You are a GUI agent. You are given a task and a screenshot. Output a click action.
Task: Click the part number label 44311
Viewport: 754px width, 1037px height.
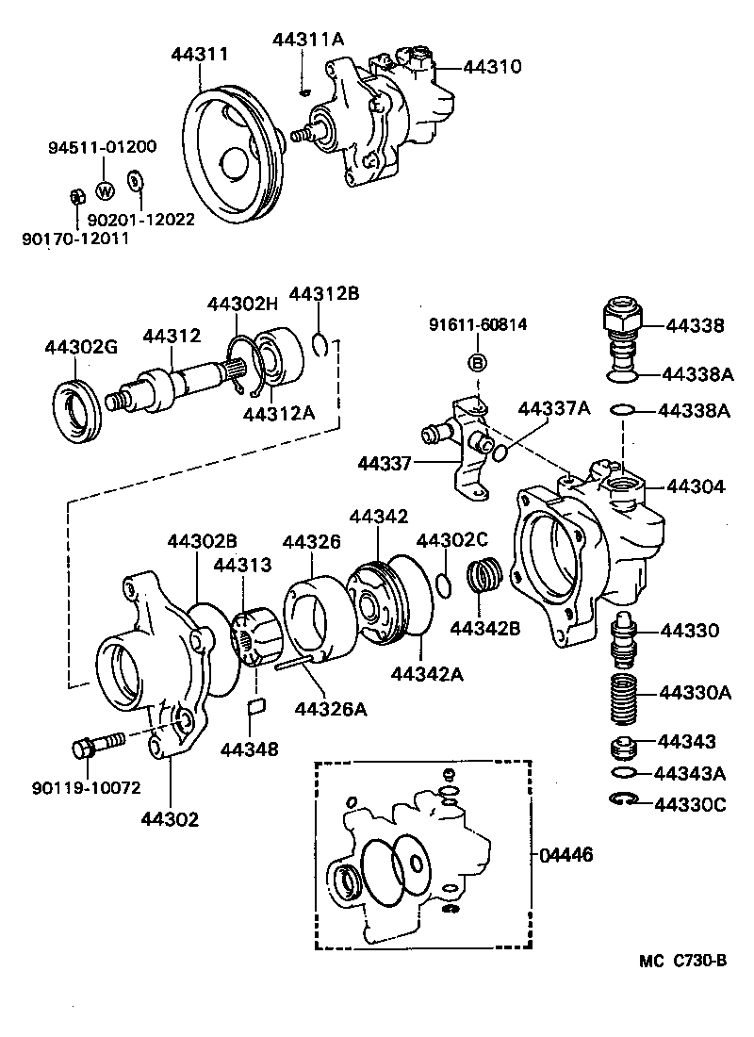[199, 55]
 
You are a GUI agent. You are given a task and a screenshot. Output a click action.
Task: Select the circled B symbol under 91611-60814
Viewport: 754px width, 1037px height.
[478, 363]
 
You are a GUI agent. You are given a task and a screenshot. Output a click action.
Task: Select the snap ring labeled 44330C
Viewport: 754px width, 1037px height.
[623, 801]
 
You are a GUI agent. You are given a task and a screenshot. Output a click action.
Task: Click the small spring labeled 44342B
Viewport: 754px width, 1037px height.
[485, 575]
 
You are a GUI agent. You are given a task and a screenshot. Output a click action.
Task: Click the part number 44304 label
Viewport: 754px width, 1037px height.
[696, 487]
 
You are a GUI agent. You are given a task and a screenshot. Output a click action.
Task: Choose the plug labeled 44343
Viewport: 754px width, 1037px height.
[623, 749]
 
